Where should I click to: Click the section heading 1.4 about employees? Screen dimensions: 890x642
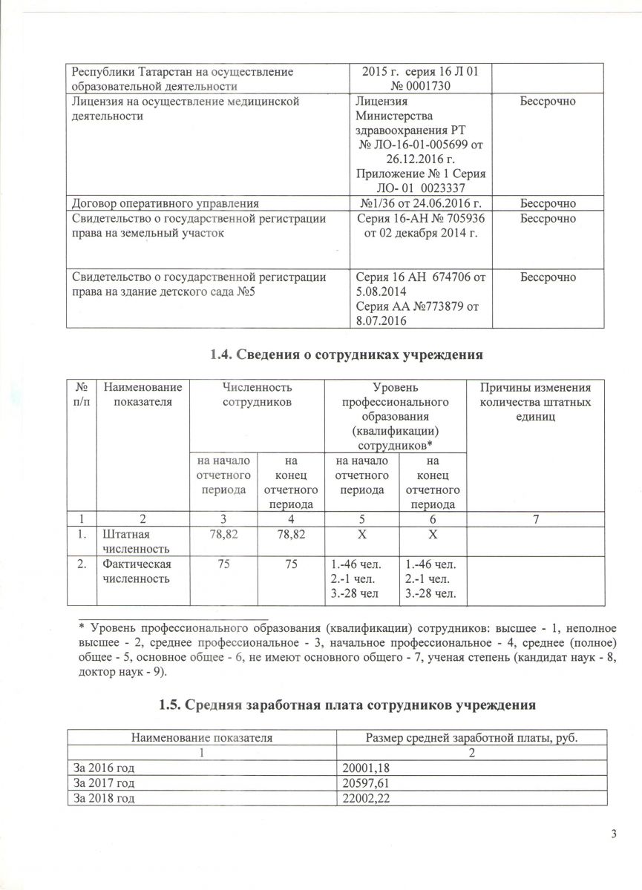[x=347, y=355]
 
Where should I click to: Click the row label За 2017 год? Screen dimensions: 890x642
[x=103, y=782]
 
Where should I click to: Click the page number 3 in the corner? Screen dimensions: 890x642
[x=614, y=835]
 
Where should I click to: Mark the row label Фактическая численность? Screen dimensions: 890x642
[x=136, y=571]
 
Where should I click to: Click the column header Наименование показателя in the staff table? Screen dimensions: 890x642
[x=143, y=395]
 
